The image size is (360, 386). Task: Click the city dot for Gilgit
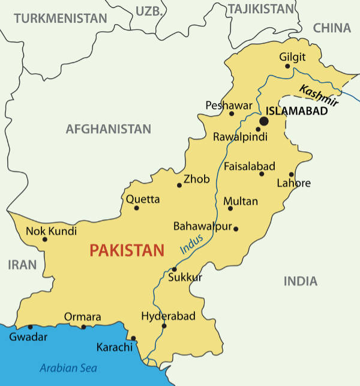287,66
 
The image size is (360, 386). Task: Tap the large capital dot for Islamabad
263,121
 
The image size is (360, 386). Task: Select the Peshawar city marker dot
232,113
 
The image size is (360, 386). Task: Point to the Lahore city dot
292,174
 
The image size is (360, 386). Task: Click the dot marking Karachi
133,338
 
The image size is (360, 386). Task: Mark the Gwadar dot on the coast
30,327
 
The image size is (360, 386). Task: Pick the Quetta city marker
136,208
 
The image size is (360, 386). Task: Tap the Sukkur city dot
174,269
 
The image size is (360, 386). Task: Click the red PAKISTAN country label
127,250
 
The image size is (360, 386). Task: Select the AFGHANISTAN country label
108,128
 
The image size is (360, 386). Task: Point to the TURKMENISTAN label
60,19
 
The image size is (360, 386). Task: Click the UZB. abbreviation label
149,10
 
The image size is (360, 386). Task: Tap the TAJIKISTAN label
262,9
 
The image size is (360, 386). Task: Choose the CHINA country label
332,28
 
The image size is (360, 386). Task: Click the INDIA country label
300,281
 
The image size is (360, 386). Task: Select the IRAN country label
22,265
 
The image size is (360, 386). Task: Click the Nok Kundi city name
52,231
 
